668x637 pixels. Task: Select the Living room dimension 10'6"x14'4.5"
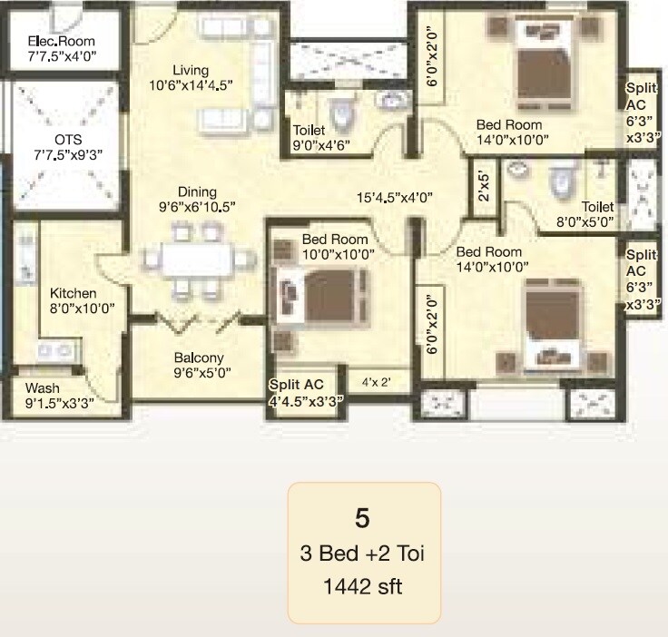point(192,86)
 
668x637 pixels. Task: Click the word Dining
point(197,191)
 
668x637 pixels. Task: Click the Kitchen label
point(73,293)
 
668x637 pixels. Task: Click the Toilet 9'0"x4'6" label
point(320,137)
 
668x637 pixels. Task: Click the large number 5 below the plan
point(362,520)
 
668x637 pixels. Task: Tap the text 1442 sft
point(363,586)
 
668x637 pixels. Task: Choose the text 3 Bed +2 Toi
point(363,554)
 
